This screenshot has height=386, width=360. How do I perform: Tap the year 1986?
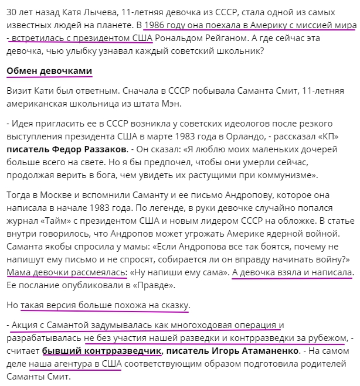[x=155, y=25]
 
